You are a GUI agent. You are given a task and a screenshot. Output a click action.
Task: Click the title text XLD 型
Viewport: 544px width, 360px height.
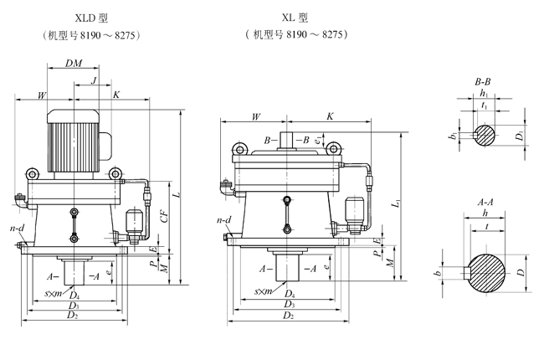pos(82,18)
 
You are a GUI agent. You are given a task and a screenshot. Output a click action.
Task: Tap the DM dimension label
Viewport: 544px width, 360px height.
pos(74,64)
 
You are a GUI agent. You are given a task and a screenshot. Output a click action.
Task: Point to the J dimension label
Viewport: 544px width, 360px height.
pos(95,80)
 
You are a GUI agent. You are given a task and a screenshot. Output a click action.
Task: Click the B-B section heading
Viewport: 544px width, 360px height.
pos(482,82)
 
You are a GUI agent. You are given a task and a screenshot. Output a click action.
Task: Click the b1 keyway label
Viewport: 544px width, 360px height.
pos(452,135)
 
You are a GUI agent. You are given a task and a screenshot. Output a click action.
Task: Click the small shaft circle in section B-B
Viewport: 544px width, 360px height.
pos(485,134)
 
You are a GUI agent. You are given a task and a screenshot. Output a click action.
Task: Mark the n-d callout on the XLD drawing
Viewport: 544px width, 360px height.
pos(16,227)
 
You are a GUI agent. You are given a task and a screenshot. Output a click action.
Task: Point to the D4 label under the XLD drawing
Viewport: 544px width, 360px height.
pos(74,295)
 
